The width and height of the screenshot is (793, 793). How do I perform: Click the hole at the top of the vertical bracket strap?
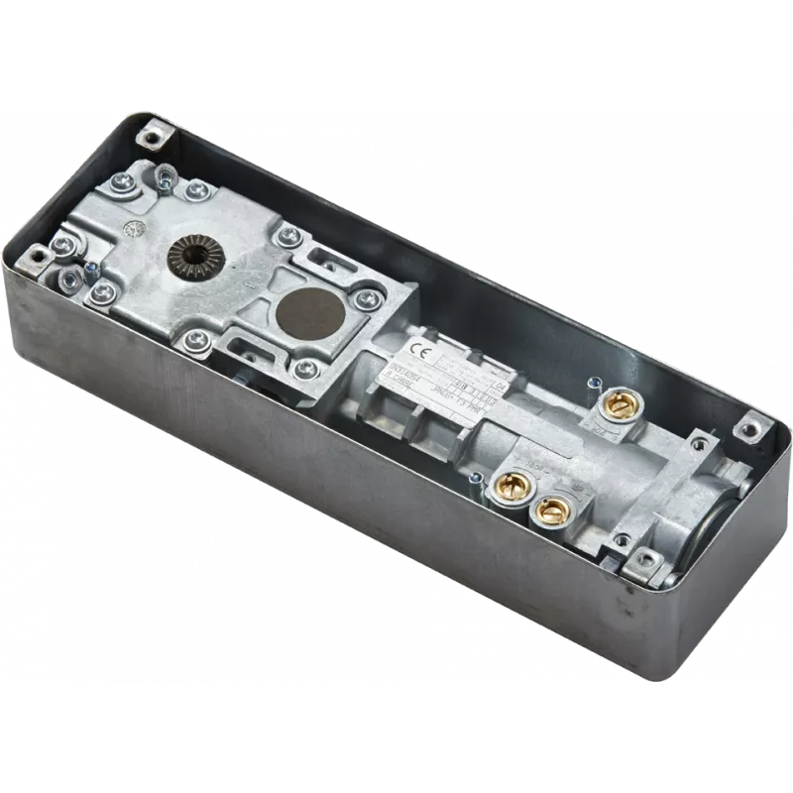click(162, 176)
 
